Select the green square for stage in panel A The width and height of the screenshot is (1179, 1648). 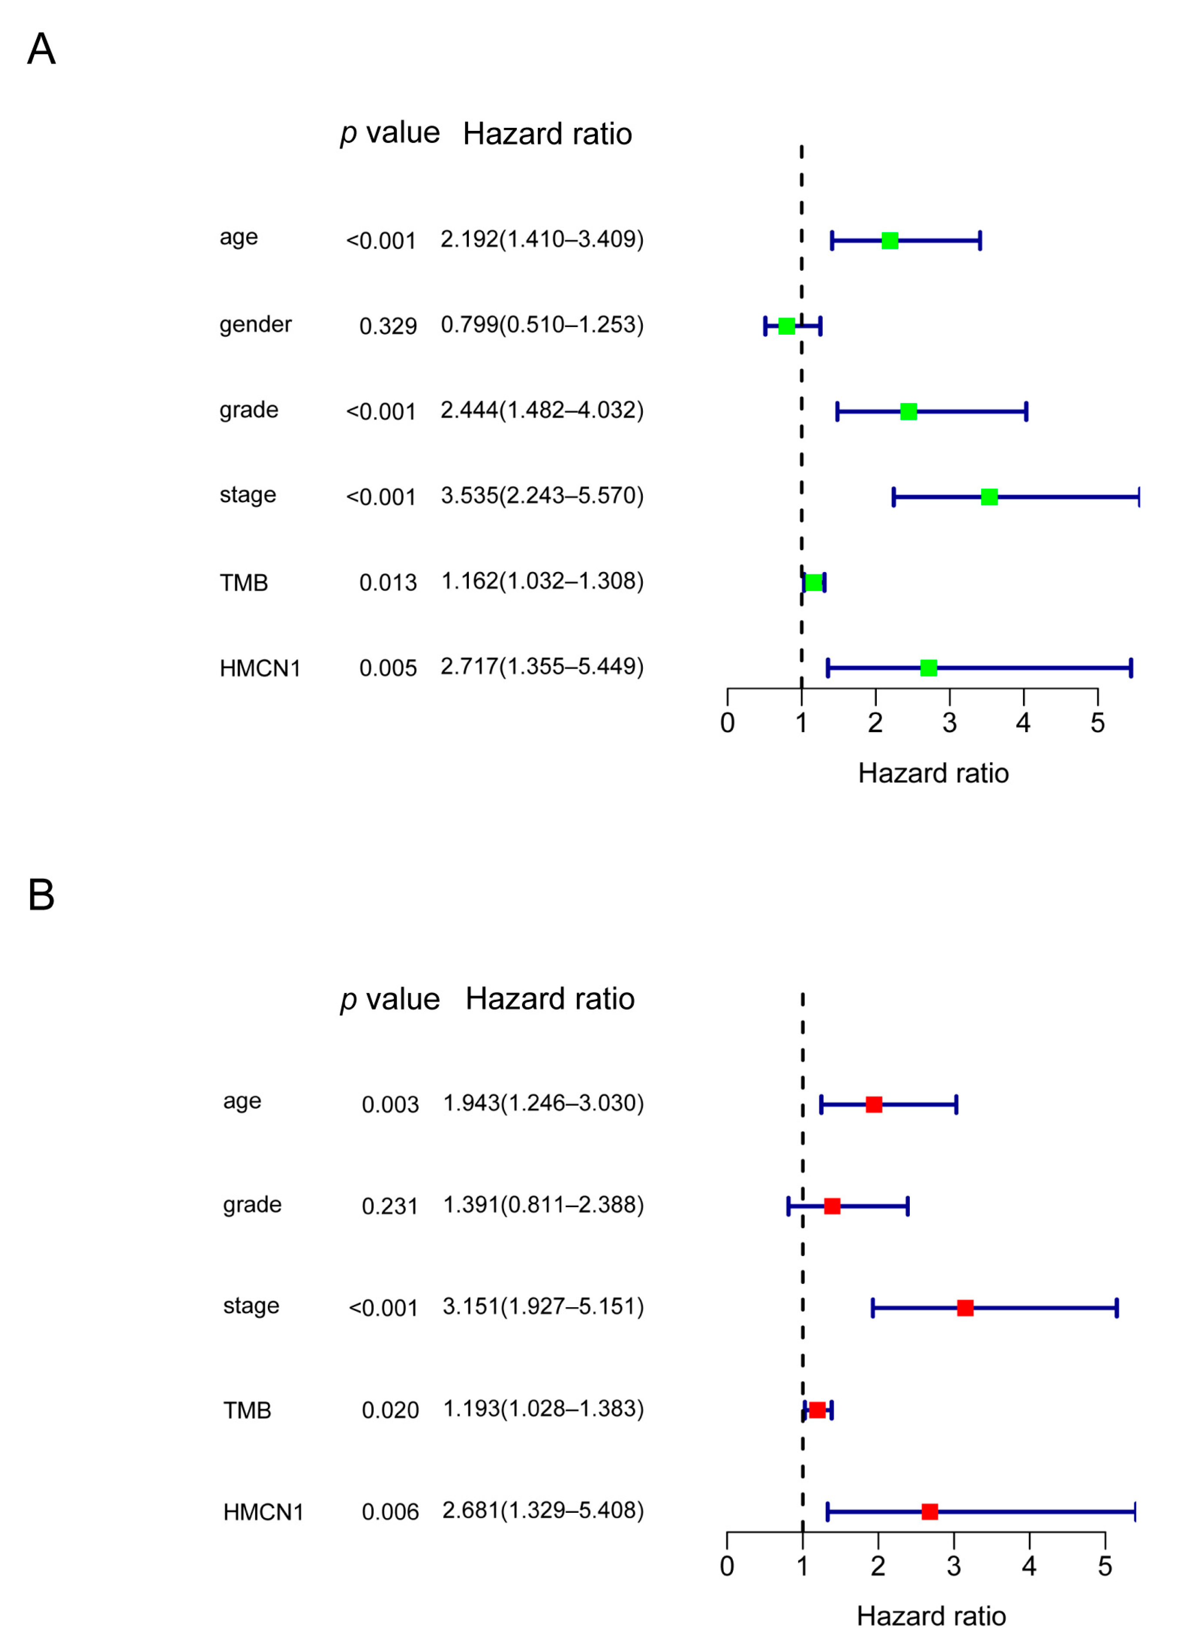pos(989,497)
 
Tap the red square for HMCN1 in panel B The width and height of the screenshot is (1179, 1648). pos(929,1511)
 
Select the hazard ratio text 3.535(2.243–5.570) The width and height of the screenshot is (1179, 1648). pos(541,496)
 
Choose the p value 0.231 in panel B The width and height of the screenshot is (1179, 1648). pos(390,1207)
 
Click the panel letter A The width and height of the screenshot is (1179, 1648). pos(41,50)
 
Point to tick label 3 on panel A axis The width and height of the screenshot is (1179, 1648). pos(949,723)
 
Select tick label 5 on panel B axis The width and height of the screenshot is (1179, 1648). pos(1104,1566)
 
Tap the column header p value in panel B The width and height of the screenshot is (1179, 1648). pos(390,999)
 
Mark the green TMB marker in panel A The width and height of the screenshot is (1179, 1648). pos(814,583)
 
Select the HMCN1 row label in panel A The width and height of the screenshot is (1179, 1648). pos(260,668)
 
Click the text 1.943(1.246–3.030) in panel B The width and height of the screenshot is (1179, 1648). pos(543,1103)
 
